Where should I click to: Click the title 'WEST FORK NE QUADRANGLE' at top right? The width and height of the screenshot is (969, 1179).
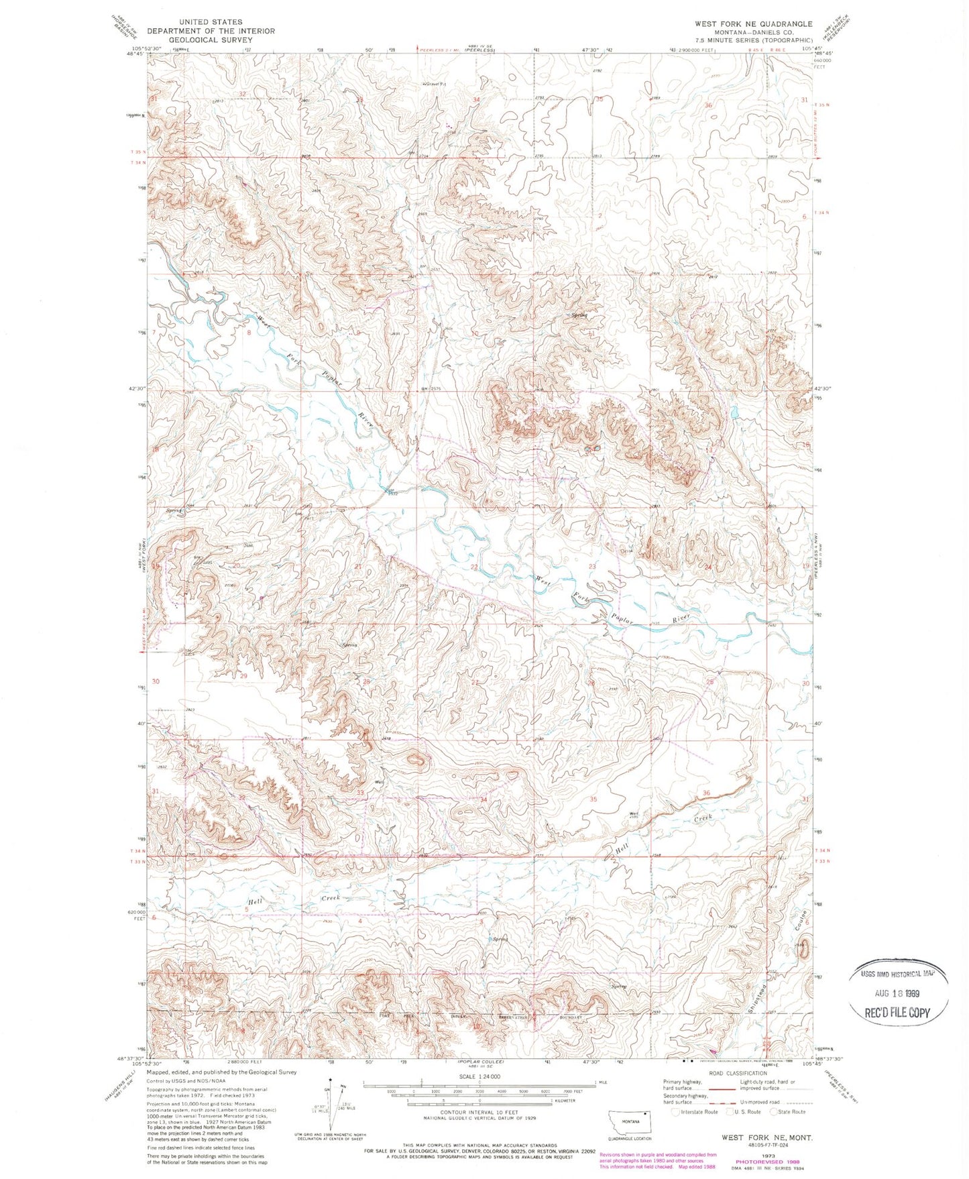point(753,23)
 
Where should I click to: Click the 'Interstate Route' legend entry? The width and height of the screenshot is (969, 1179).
point(695,1112)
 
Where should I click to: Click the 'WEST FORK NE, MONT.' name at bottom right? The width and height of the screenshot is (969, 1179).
point(766,1138)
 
